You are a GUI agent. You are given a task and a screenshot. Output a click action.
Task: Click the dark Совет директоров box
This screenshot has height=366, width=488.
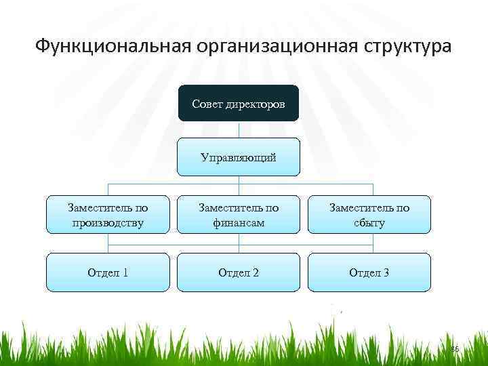tap(238, 103)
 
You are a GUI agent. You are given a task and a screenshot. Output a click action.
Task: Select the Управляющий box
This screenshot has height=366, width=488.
tap(238, 157)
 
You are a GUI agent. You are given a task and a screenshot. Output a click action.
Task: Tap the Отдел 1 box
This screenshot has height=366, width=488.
tap(107, 272)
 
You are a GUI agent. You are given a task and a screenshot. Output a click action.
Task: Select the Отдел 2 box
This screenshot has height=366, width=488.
tap(238, 272)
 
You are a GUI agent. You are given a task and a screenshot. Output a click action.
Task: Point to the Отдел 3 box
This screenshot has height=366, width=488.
tap(369, 272)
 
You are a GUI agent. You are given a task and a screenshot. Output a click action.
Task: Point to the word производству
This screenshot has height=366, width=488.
tap(107, 223)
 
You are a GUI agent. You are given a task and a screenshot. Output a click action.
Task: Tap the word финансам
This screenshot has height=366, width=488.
tap(238, 223)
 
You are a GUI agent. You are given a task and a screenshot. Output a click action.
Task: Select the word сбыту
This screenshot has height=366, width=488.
tap(369, 223)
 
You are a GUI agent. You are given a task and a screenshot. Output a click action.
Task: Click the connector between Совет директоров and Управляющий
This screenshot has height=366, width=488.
tap(238, 129)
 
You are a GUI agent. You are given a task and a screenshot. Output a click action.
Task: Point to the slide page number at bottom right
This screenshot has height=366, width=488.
tap(455, 348)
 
